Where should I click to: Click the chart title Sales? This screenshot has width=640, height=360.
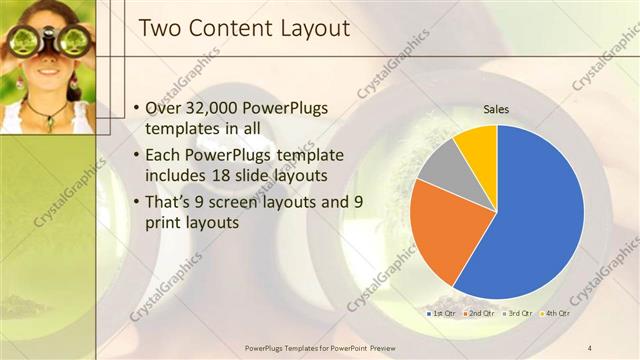(x=497, y=110)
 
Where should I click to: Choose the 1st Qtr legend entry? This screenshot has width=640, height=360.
(x=442, y=314)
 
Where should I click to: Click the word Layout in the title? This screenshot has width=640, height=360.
(x=310, y=29)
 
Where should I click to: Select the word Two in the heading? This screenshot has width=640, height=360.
(x=157, y=29)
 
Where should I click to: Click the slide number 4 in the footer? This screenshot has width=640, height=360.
(x=590, y=347)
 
